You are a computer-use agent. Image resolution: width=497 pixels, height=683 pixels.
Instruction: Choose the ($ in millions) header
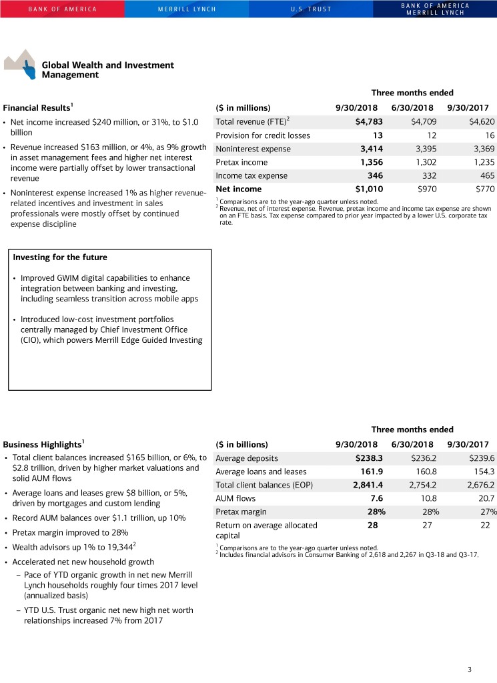coord(243,107)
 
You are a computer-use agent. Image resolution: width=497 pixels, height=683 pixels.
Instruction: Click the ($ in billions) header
coord(241,444)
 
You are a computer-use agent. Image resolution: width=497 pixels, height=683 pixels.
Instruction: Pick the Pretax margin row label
coord(241,512)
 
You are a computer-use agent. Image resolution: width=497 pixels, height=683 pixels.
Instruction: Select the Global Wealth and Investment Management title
coord(107,69)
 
